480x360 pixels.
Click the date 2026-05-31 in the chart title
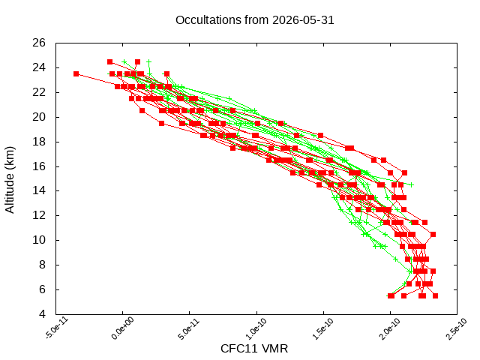point(303,20)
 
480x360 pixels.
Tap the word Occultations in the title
point(208,20)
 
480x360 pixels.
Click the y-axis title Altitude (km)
point(10,180)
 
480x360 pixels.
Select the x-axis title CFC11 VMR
point(254,349)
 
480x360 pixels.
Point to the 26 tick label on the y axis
point(39,43)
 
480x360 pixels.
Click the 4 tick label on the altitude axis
point(42,314)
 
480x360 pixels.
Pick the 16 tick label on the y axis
point(39,166)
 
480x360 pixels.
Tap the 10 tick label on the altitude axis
point(39,240)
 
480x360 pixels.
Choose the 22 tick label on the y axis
point(39,92)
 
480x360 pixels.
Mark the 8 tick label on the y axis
point(42,265)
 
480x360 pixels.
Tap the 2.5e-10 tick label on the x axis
point(457,328)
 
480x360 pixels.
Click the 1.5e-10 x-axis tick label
point(323,328)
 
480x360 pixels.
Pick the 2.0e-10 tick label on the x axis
point(390,328)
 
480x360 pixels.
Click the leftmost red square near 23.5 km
point(76,73)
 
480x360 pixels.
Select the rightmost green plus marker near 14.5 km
point(412,185)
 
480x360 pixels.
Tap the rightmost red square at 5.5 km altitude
point(435,295)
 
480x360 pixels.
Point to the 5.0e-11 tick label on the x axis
point(188,328)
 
